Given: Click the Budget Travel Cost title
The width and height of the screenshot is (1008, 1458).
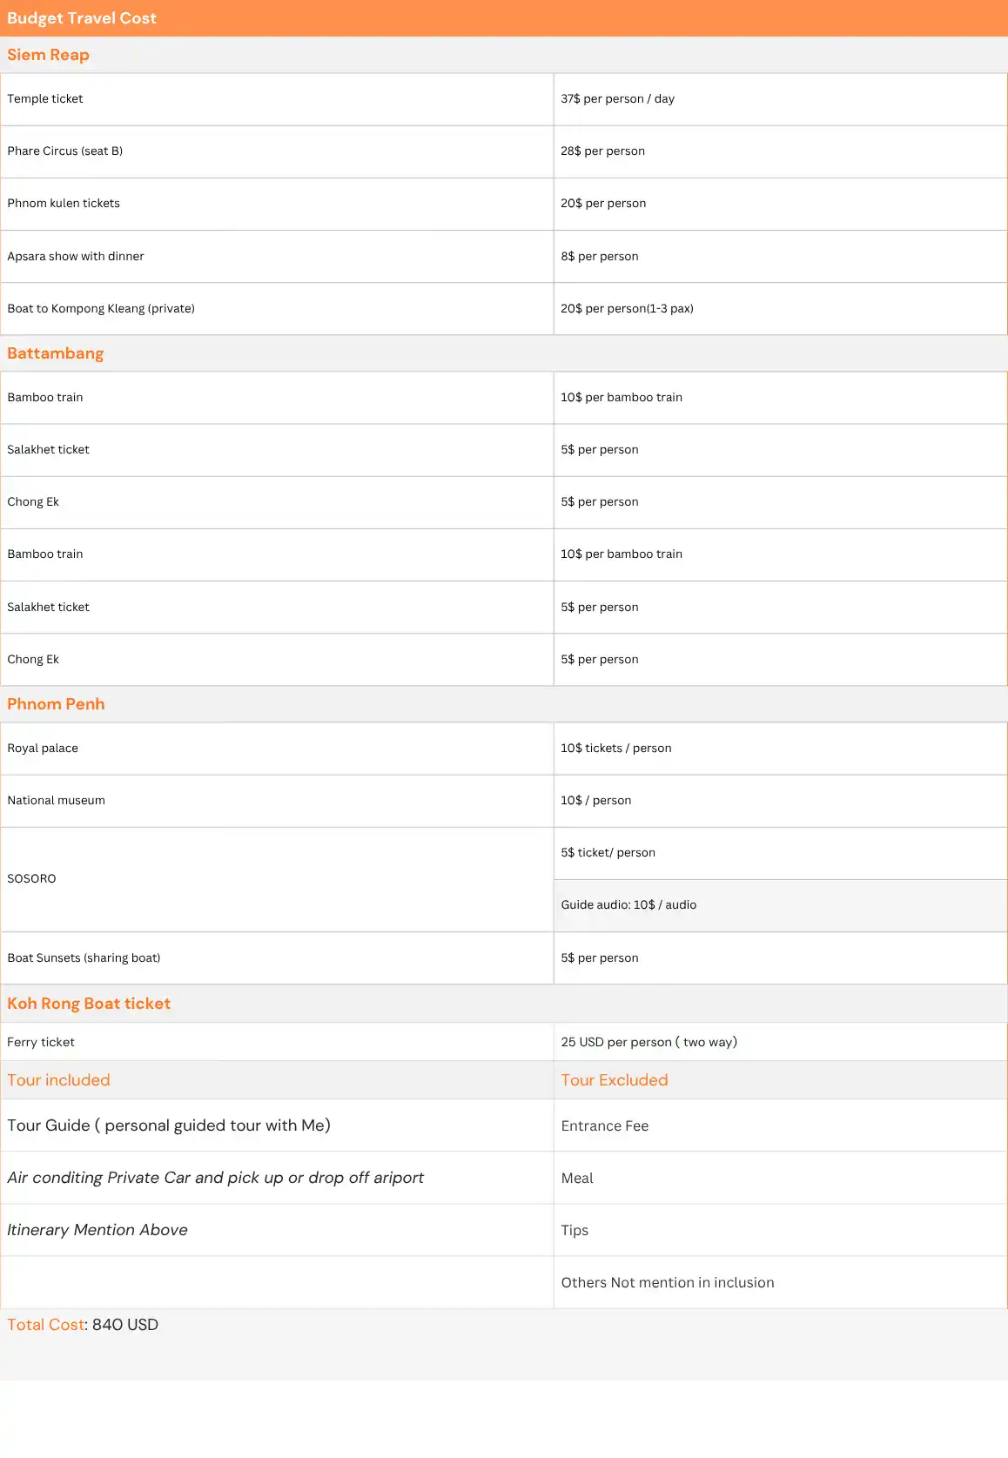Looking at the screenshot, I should pyautogui.click(x=82, y=18).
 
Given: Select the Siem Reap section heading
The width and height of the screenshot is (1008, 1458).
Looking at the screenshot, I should pyautogui.click(x=48, y=55).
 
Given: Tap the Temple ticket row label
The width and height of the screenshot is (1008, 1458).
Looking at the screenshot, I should pyautogui.click(x=45, y=99).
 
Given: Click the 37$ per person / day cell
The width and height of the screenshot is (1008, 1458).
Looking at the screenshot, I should pyautogui.click(x=617, y=99).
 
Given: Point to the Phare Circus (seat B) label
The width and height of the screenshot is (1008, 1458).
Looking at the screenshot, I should pyautogui.click(x=65, y=151).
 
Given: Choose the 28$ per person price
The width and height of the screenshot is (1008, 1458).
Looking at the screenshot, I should pyautogui.click(x=602, y=151).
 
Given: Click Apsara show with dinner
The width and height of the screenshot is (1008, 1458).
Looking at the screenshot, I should pyautogui.click(x=76, y=257).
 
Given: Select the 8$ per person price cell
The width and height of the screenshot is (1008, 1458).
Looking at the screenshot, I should pyautogui.click(x=599, y=257).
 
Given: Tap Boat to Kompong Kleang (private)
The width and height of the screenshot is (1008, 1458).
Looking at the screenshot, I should pyautogui.click(x=101, y=309).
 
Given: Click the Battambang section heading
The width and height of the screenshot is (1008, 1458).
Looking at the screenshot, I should pyautogui.click(x=55, y=353).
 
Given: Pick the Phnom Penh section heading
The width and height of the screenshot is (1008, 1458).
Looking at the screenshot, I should pyautogui.click(x=56, y=704).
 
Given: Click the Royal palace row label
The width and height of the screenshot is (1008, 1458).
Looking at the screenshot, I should pyautogui.click(x=43, y=749).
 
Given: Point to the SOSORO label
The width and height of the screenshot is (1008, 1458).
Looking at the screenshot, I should pyautogui.click(x=31, y=879).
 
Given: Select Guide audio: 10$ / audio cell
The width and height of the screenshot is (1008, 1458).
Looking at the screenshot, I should pyautogui.click(x=628, y=905).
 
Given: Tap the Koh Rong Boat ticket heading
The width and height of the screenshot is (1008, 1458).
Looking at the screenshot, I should pyautogui.click(x=89, y=1004).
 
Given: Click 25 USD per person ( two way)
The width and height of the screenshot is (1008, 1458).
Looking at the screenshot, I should pyautogui.click(x=648, y=1043).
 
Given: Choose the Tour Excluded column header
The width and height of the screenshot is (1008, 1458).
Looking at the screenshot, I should pyautogui.click(x=614, y=1080).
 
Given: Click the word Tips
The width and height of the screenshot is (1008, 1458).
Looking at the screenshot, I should pyautogui.click(x=575, y=1231).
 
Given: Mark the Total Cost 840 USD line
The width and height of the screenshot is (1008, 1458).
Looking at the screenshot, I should pyautogui.click(x=83, y=1325).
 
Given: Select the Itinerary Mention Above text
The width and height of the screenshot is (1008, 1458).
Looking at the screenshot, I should pyautogui.click(x=97, y=1230).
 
